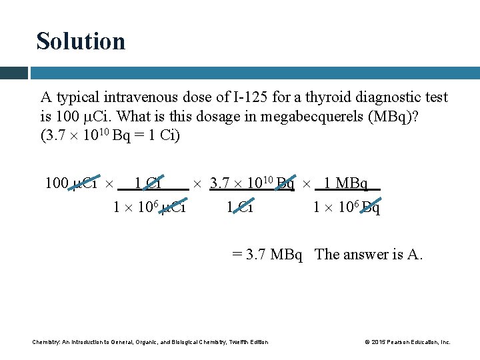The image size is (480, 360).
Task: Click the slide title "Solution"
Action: pyautogui.click(x=81, y=41)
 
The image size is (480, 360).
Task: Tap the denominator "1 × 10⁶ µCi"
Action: pyautogui.click(x=149, y=208)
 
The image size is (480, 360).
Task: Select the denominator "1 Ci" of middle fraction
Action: pyautogui.click(x=240, y=208)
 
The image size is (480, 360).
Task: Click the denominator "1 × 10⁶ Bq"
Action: pyautogui.click(x=347, y=208)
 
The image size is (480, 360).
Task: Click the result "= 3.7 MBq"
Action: pyautogui.click(x=267, y=255)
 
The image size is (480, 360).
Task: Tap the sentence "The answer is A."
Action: pyautogui.click(x=369, y=255)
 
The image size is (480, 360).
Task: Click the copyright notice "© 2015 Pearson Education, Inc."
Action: pyautogui.click(x=407, y=342)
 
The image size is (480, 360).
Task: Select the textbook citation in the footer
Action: pyautogui.click(x=150, y=342)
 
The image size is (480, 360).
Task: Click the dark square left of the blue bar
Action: pyautogui.click(x=13, y=73)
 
